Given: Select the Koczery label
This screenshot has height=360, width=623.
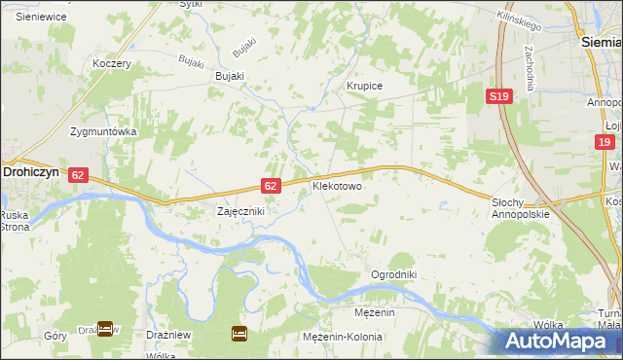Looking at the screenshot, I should [x=111, y=63].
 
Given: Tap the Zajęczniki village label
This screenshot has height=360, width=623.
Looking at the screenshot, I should [x=239, y=210].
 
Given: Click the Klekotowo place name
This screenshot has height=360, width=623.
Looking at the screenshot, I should [x=337, y=184].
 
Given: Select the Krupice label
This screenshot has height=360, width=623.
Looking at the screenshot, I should [x=365, y=86].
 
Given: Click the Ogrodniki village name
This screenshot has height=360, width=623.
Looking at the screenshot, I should [x=393, y=274].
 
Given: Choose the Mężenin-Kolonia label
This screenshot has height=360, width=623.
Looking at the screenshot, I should [x=339, y=336].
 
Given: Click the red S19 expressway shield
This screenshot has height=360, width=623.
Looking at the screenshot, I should [x=499, y=95].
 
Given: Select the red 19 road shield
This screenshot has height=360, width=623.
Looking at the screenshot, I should [x=605, y=142].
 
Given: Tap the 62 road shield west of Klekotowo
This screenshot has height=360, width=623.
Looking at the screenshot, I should [x=273, y=185].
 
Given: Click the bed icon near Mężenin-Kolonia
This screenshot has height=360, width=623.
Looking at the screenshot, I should [x=239, y=334].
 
